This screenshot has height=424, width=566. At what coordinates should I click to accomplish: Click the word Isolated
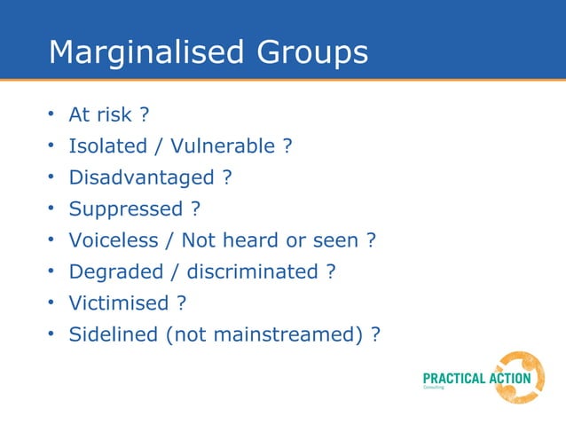point(106,146)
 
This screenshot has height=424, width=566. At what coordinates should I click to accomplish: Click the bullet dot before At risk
point(52,115)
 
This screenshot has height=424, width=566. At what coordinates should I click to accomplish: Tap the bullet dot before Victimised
point(52,303)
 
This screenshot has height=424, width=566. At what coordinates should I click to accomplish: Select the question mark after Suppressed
point(195,209)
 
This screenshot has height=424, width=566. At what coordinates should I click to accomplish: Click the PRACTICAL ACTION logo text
point(476,379)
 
